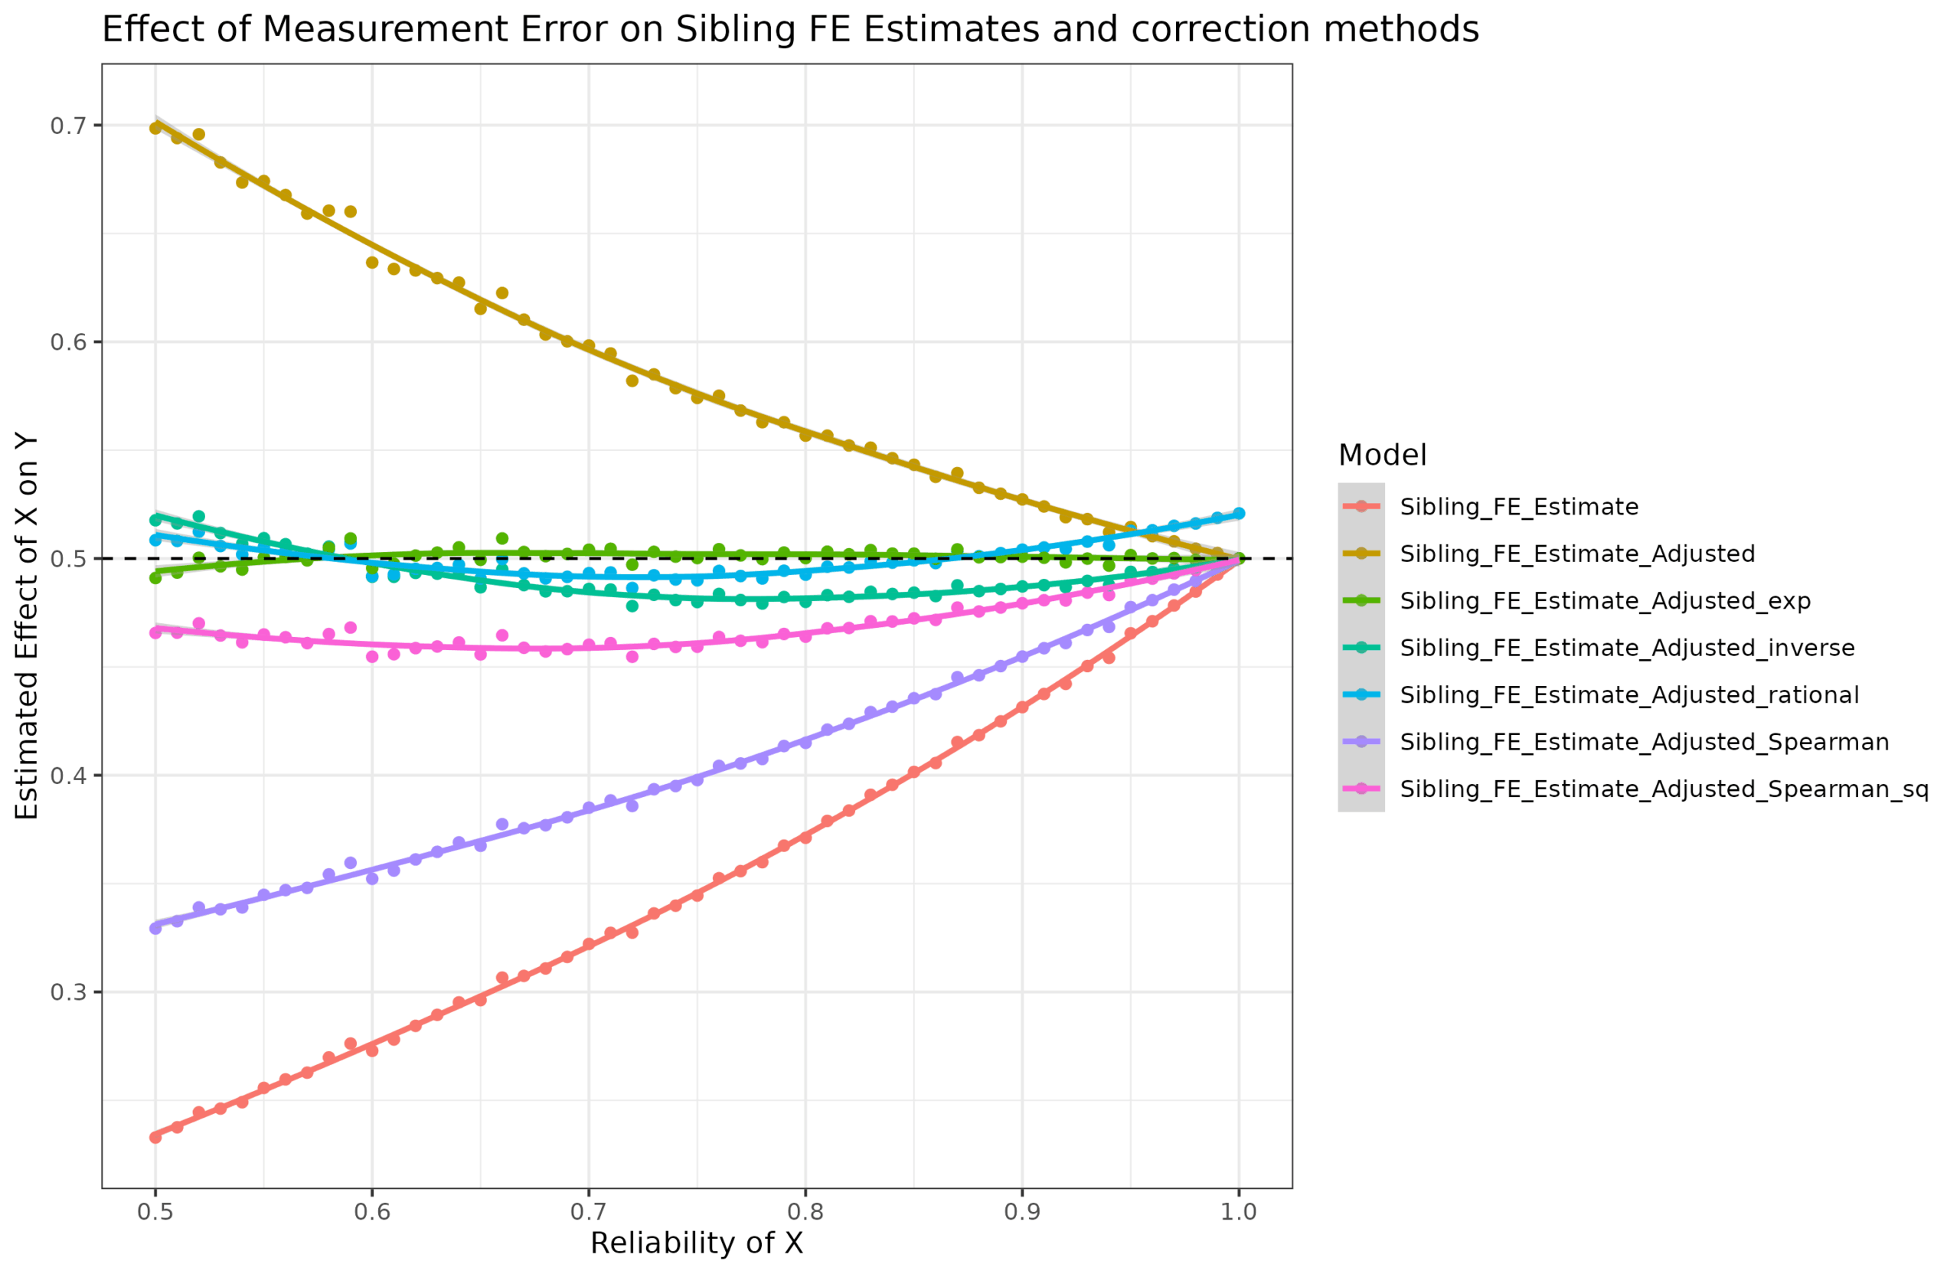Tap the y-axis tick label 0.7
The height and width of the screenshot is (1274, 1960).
coord(67,126)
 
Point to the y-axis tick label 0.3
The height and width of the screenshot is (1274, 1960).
coord(67,992)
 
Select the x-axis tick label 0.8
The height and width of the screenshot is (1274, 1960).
coord(805,1212)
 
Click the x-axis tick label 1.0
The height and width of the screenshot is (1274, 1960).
coord(1239,1212)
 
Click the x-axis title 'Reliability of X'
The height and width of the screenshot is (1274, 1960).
coord(697,1243)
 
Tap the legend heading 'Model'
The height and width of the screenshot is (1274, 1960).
coord(1382,456)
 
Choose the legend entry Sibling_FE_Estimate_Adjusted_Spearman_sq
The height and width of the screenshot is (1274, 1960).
coord(1664,789)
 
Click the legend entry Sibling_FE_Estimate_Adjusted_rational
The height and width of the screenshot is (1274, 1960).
coord(1629,695)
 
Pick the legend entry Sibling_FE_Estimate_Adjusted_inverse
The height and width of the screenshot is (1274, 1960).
coord(1627,648)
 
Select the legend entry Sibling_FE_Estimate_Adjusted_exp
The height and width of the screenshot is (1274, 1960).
coord(1605,601)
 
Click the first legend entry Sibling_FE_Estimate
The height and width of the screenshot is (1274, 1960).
coord(1518,508)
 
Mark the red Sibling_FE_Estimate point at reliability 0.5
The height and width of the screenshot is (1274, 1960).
coord(155,1137)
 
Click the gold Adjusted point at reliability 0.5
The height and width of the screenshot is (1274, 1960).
coord(155,129)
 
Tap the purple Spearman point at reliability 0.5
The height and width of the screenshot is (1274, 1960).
coord(155,928)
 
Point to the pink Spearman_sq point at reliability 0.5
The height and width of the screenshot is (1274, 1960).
coord(155,632)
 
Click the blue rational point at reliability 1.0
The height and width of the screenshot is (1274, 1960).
coord(1239,513)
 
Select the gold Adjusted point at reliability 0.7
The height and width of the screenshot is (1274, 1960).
coord(589,346)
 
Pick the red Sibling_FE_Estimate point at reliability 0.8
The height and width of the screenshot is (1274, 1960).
coord(805,837)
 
